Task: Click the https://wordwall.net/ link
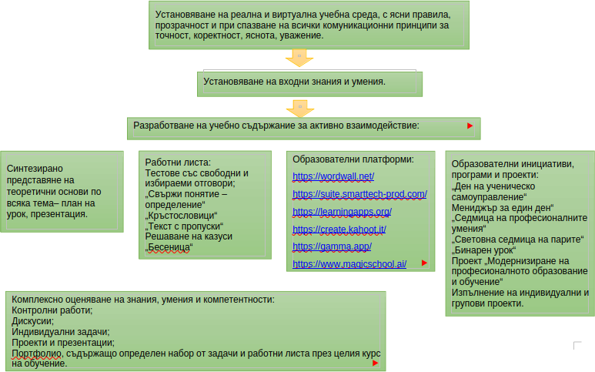tap(333, 176)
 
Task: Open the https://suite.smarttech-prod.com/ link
tap(359, 194)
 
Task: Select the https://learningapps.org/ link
tap(342, 211)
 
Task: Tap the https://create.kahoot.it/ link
tap(339, 229)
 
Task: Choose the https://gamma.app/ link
tap(332, 246)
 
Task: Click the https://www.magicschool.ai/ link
tap(349, 263)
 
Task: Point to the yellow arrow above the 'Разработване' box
tap(296, 106)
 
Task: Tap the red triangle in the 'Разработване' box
tap(470, 125)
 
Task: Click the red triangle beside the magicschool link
tap(424, 263)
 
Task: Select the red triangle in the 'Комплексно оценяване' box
tap(375, 363)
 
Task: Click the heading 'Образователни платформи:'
tap(353, 159)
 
